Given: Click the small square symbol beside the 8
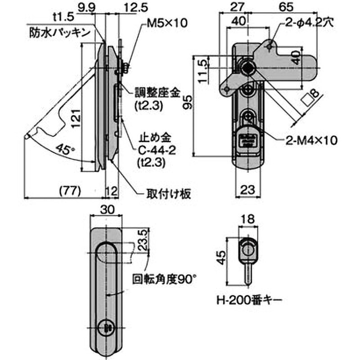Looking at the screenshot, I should (x=307, y=99).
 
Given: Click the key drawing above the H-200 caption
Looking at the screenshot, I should (x=247, y=256).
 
